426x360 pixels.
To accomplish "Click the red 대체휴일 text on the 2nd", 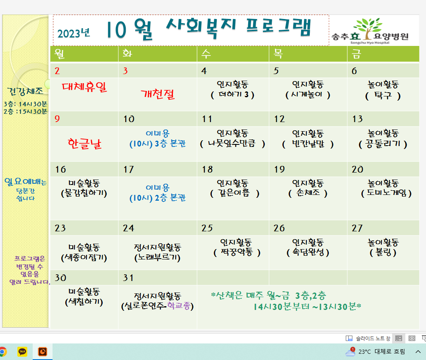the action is (x=84, y=87).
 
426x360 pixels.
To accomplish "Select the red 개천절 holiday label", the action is (x=158, y=94).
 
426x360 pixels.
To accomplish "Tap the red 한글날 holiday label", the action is (x=84, y=144).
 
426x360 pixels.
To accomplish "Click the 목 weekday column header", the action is (x=278, y=53).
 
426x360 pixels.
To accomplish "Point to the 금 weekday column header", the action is (x=356, y=53).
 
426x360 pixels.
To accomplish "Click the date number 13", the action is (x=357, y=119).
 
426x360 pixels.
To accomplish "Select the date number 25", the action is (x=207, y=228).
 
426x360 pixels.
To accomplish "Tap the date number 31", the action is (x=128, y=278).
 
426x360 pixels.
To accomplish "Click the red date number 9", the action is (x=57, y=119).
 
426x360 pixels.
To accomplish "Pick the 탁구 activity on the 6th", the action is (x=383, y=96).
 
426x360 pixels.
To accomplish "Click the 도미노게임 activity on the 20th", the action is (x=387, y=193).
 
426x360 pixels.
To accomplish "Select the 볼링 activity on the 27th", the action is (x=383, y=252).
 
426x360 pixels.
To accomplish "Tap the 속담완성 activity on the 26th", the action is (x=308, y=252).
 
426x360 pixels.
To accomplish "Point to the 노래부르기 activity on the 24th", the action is (x=157, y=257).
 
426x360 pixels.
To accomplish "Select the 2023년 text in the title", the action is (x=74, y=33).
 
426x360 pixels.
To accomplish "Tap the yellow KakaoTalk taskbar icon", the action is (x=22, y=352).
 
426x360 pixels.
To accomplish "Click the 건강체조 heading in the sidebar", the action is (x=25, y=91).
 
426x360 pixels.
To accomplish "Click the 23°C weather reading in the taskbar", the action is (x=365, y=352).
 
